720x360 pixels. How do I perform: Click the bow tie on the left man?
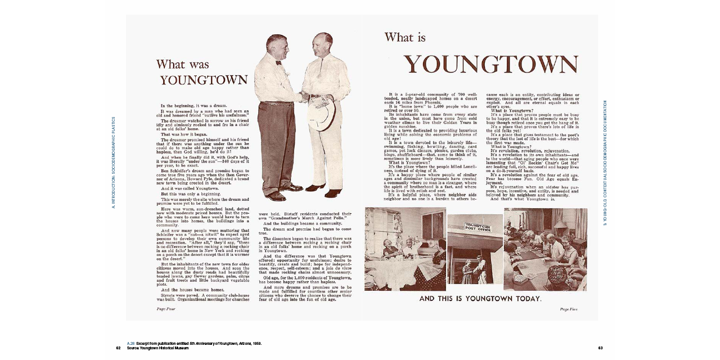pos(278,62)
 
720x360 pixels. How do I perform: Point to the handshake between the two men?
pos(304,97)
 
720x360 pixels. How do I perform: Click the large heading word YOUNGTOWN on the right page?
pos(490,65)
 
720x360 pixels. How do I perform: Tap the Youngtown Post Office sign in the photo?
pos(475,227)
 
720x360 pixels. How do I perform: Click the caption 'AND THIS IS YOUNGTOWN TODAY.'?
pos(480,299)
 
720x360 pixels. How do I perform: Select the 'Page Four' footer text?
pos(166,309)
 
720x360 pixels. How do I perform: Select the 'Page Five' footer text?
pos(569,309)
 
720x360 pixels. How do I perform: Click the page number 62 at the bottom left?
pos(119,348)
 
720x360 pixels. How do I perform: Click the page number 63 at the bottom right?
pos(601,348)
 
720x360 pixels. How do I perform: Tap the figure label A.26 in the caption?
pos(130,343)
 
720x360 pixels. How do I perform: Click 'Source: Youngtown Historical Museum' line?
pos(157,348)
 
